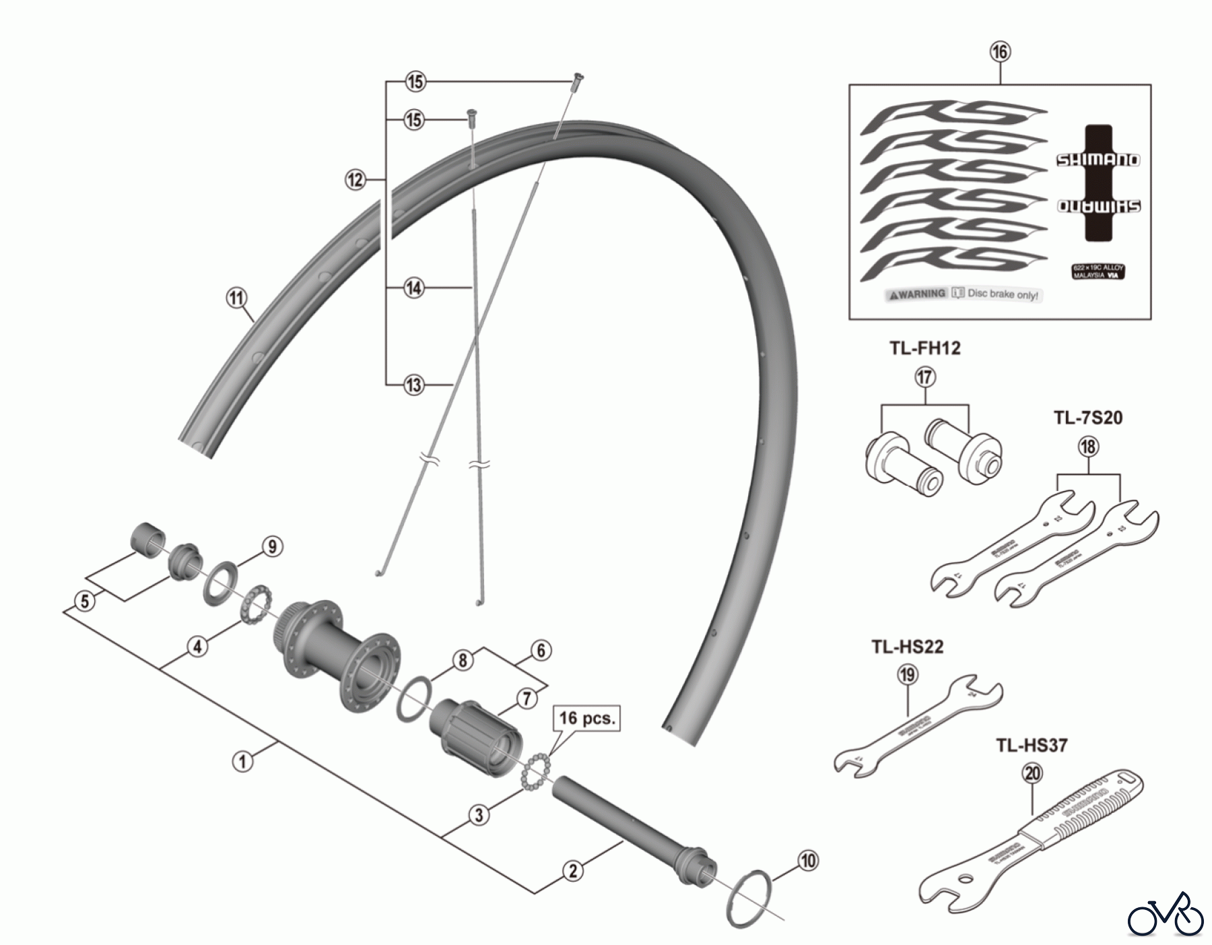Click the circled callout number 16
coord(1000,51)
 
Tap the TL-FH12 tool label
coord(924,348)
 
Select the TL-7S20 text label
coord(1088,418)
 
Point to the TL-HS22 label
coord(907,647)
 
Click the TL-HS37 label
coord(1032,746)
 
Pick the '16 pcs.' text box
coord(586,718)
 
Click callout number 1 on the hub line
coord(242,762)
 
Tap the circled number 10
coord(808,860)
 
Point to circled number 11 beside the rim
coord(236,298)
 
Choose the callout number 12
coord(355,180)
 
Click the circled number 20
coord(1032,774)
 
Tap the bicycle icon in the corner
coord(1165,914)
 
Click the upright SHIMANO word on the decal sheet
coord(1097,160)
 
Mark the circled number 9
coord(271,546)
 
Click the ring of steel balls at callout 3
coord(535,768)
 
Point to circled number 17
coord(925,377)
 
